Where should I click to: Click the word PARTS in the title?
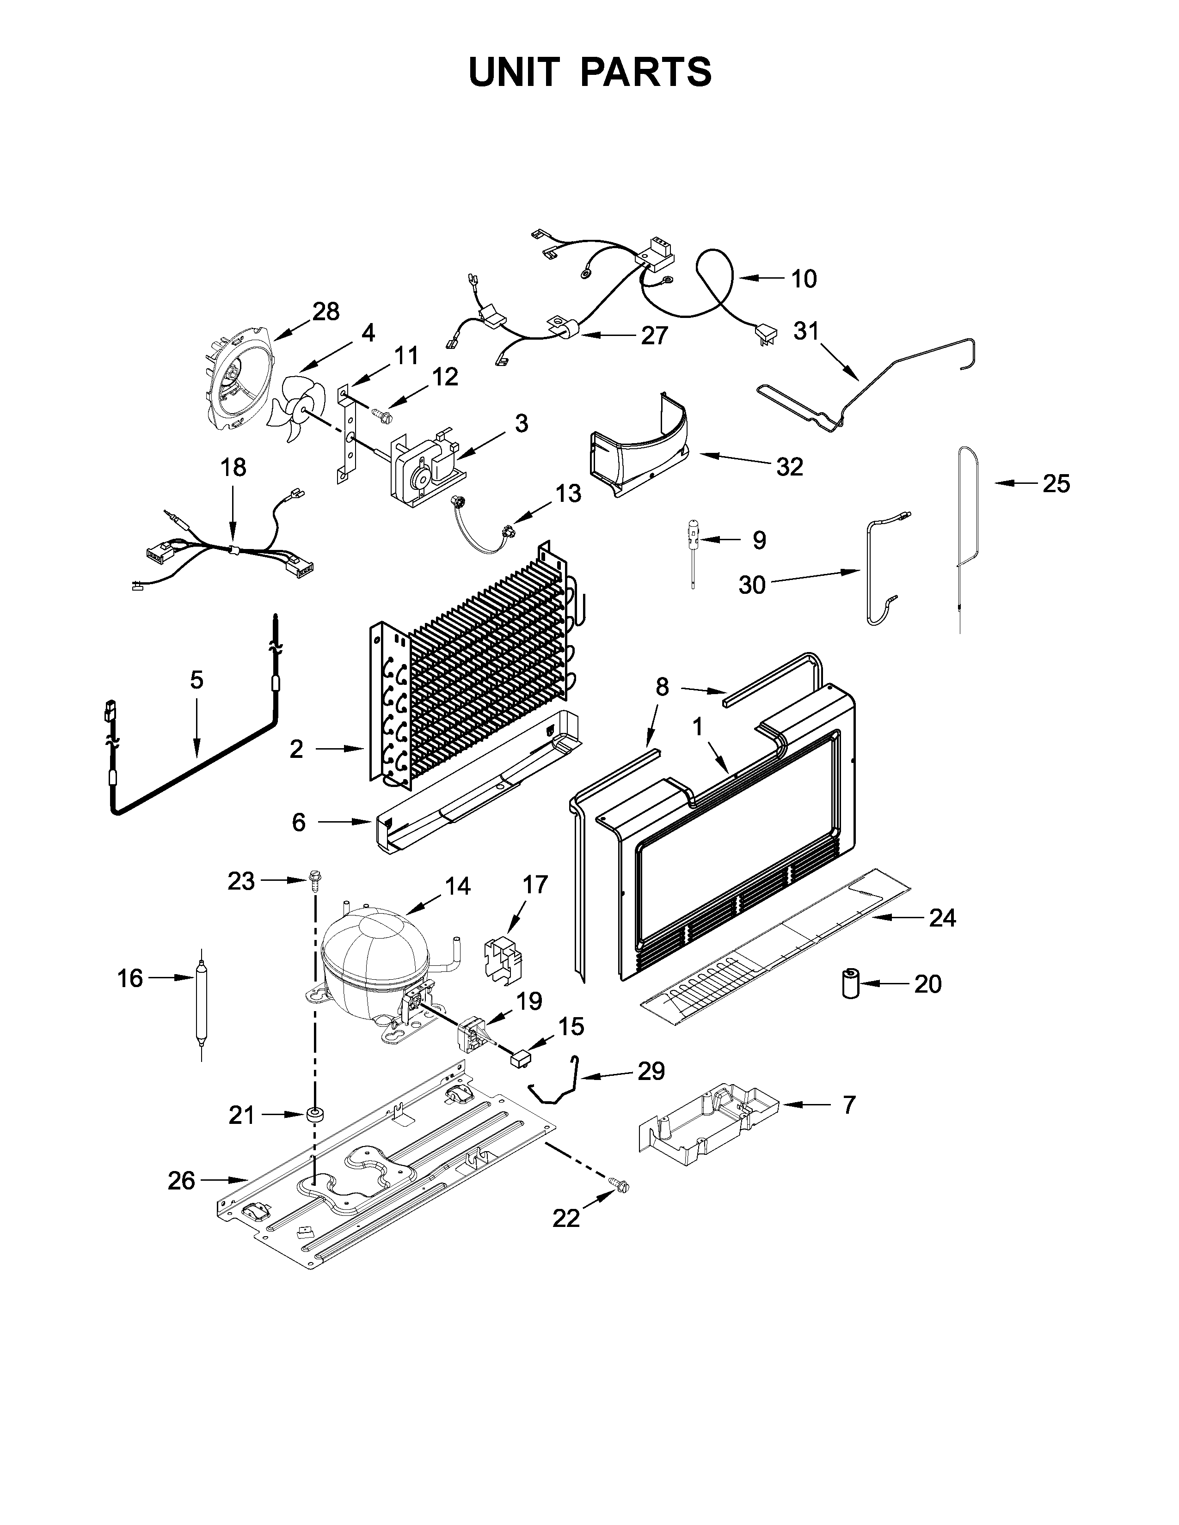pyautogui.click(x=645, y=72)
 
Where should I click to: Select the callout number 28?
pyautogui.click(x=325, y=311)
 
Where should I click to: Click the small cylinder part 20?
pyautogui.click(x=850, y=983)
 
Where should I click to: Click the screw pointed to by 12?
pyautogui.click(x=382, y=414)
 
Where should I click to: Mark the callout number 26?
pyautogui.click(x=181, y=1181)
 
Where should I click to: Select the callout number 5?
pyautogui.click(x=197, y=679)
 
